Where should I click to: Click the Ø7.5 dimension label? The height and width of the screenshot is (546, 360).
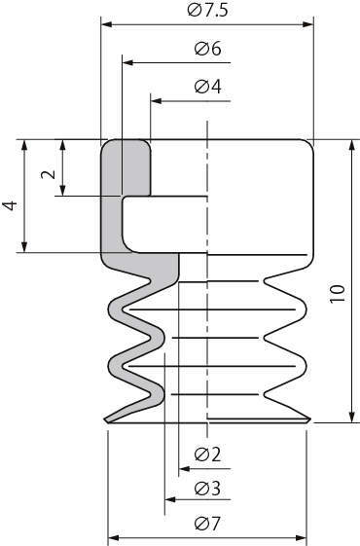coord(207,10)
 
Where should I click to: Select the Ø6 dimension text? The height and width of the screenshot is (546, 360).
coord(208,49)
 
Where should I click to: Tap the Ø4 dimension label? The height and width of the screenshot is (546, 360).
coord(208,87)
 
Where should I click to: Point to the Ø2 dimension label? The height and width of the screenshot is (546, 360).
coord(208,455)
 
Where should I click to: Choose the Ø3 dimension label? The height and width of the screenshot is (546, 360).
coord(208,489)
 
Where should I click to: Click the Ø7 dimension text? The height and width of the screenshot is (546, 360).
coord(208,523)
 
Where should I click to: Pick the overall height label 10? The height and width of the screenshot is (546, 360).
coord(338,294)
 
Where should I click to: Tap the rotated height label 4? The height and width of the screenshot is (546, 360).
coord(10,205)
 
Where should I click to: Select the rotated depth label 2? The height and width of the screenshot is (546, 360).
coord(49,174)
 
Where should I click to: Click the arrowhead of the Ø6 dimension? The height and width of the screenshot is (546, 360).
coord(127,62)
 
